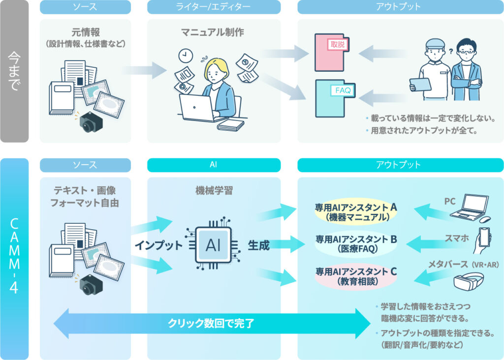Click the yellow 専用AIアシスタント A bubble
point(356,211)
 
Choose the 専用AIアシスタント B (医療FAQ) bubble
point(356,244)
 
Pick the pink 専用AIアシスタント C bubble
point(356,276)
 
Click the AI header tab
point(213,165)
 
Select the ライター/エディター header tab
point(213,7)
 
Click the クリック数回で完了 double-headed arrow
point(212,323)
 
